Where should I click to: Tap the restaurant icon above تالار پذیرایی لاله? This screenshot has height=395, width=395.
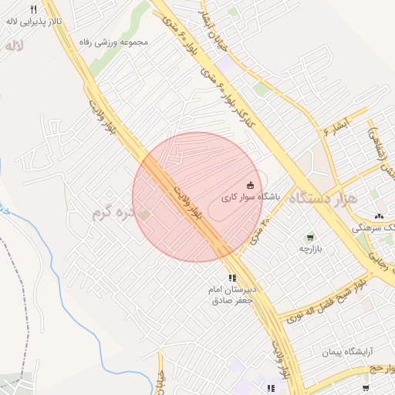[33, 8]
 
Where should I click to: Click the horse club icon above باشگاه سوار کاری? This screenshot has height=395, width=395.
[250, 185]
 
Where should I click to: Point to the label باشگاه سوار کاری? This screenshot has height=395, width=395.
[250, 197]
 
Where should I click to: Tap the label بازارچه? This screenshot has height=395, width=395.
[310, 250]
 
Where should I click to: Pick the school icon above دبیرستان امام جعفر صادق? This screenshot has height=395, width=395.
[231, 278]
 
